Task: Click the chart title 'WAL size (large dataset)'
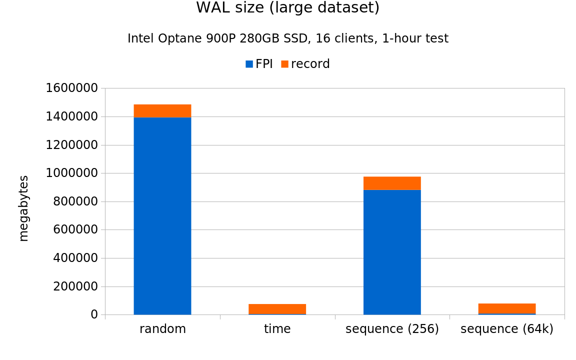[287, 8]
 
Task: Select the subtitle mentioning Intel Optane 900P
[287, 38]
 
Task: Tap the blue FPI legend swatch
[249, 64]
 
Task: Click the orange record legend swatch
[284, 64]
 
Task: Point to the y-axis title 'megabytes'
[23, 208]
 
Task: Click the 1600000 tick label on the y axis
[71, 88]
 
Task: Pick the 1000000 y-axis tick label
[71, 173]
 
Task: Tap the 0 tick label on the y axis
[94, 314]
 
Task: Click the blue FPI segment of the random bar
[162, 215]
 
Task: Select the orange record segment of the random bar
[162, 110]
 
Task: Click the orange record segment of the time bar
[277, 308]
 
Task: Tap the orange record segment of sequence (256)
[392, 183]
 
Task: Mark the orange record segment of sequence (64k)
[506, 308]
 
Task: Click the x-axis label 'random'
[162, 329]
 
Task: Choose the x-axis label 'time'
[277, 329]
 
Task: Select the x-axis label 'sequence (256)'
[392, 329]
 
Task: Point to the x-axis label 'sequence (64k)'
[506, 329]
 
